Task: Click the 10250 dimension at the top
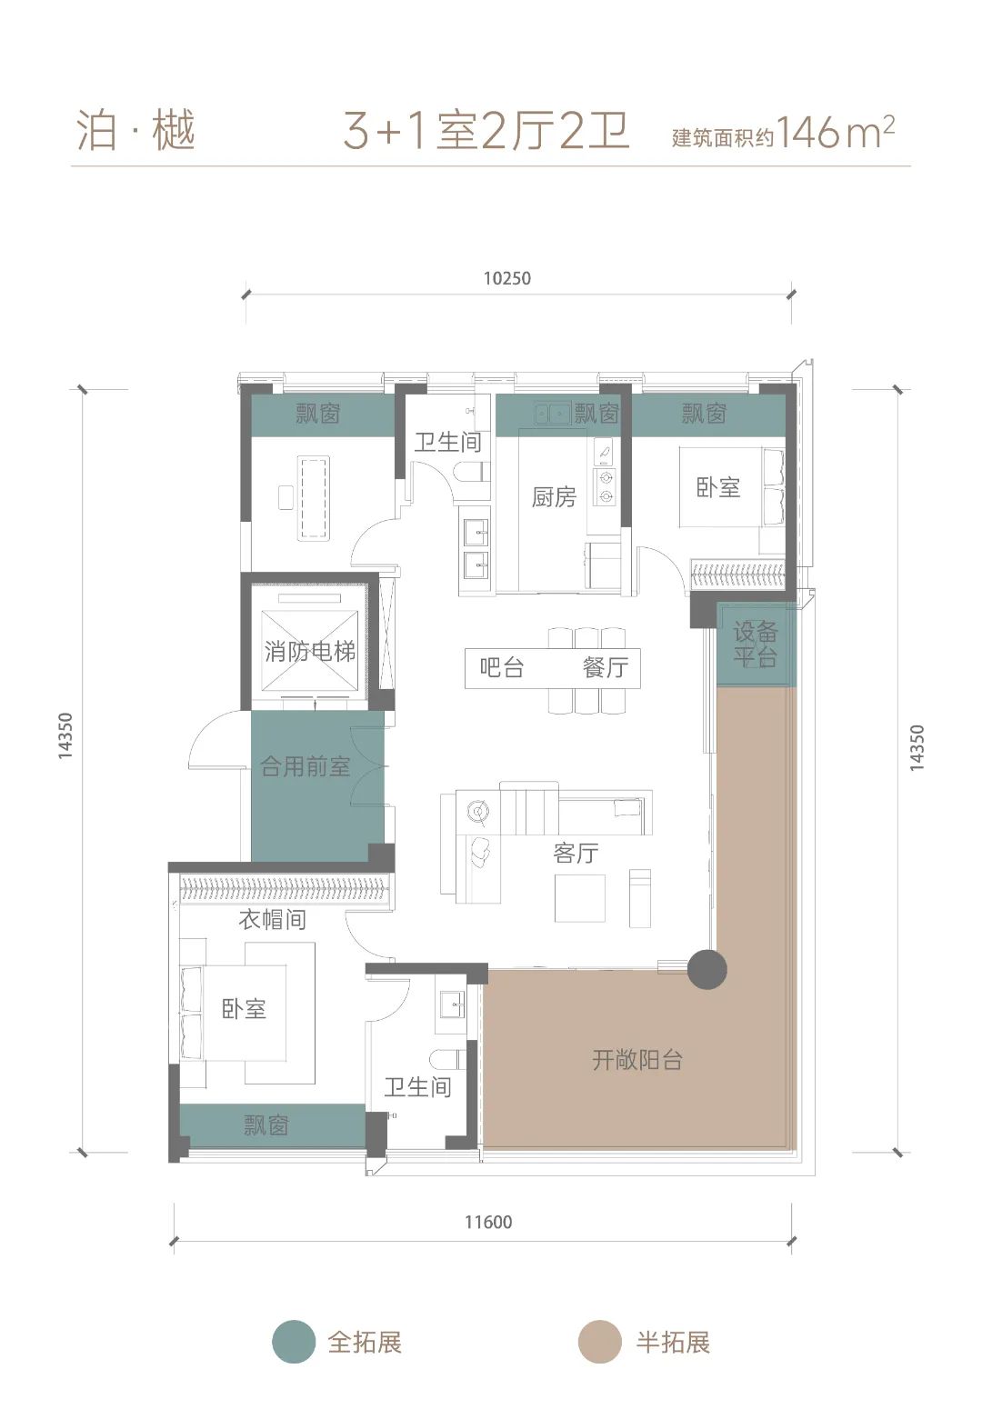pyautogui.click(x=506, y=278)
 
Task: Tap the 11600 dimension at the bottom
pyautogui.click(x=488, y=1222)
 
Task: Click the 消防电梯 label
pyautogui.click(x=310, y=651)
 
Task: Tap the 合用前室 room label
pyautogui.click(x=306, y=766)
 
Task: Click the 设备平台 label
pyautogui.click(x=756, y=644)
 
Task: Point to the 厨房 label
pyautogui.click(x=554, y=496)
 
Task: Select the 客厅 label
pyautogui.click(x=576, y=854)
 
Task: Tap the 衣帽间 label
pyautogui.click(x=273, y=919)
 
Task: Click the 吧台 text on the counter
pyautogui.click(x=502, y=667)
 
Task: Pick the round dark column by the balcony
pyautogui.click(x=707, y=969)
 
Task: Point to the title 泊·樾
pyautogui.click(x=135, y=131)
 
